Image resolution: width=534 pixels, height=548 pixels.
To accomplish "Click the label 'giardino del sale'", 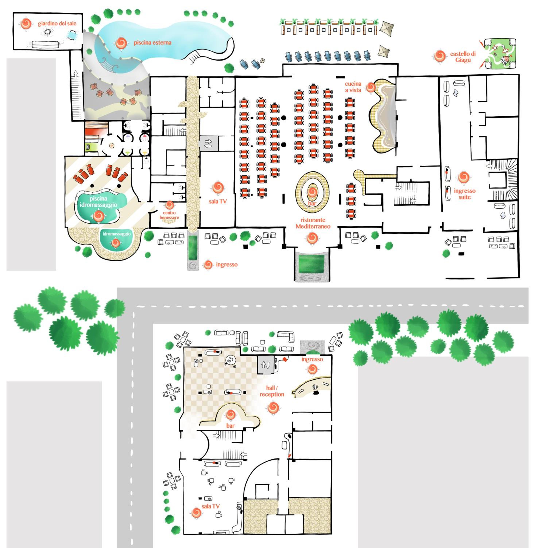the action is (x=57, y=24).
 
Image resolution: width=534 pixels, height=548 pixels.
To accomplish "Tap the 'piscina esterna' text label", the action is (x=152, y=43).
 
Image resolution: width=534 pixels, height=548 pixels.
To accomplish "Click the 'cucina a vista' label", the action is (x=353, y=87).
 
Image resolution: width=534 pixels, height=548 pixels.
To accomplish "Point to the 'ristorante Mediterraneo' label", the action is (x=313, y=223).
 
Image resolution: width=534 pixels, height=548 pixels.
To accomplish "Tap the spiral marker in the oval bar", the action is (x=312, y=192).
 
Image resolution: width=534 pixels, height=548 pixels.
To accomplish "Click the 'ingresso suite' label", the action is (x=465, y=194).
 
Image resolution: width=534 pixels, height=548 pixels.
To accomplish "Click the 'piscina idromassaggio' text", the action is (x=98, y=202).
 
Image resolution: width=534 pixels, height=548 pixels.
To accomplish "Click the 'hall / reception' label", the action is (x=272, y=391).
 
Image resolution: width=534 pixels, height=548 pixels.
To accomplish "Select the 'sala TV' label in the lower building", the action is (x=210, y=506).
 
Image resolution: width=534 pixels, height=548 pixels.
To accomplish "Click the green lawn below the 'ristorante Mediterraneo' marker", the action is (x=311, y=264).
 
